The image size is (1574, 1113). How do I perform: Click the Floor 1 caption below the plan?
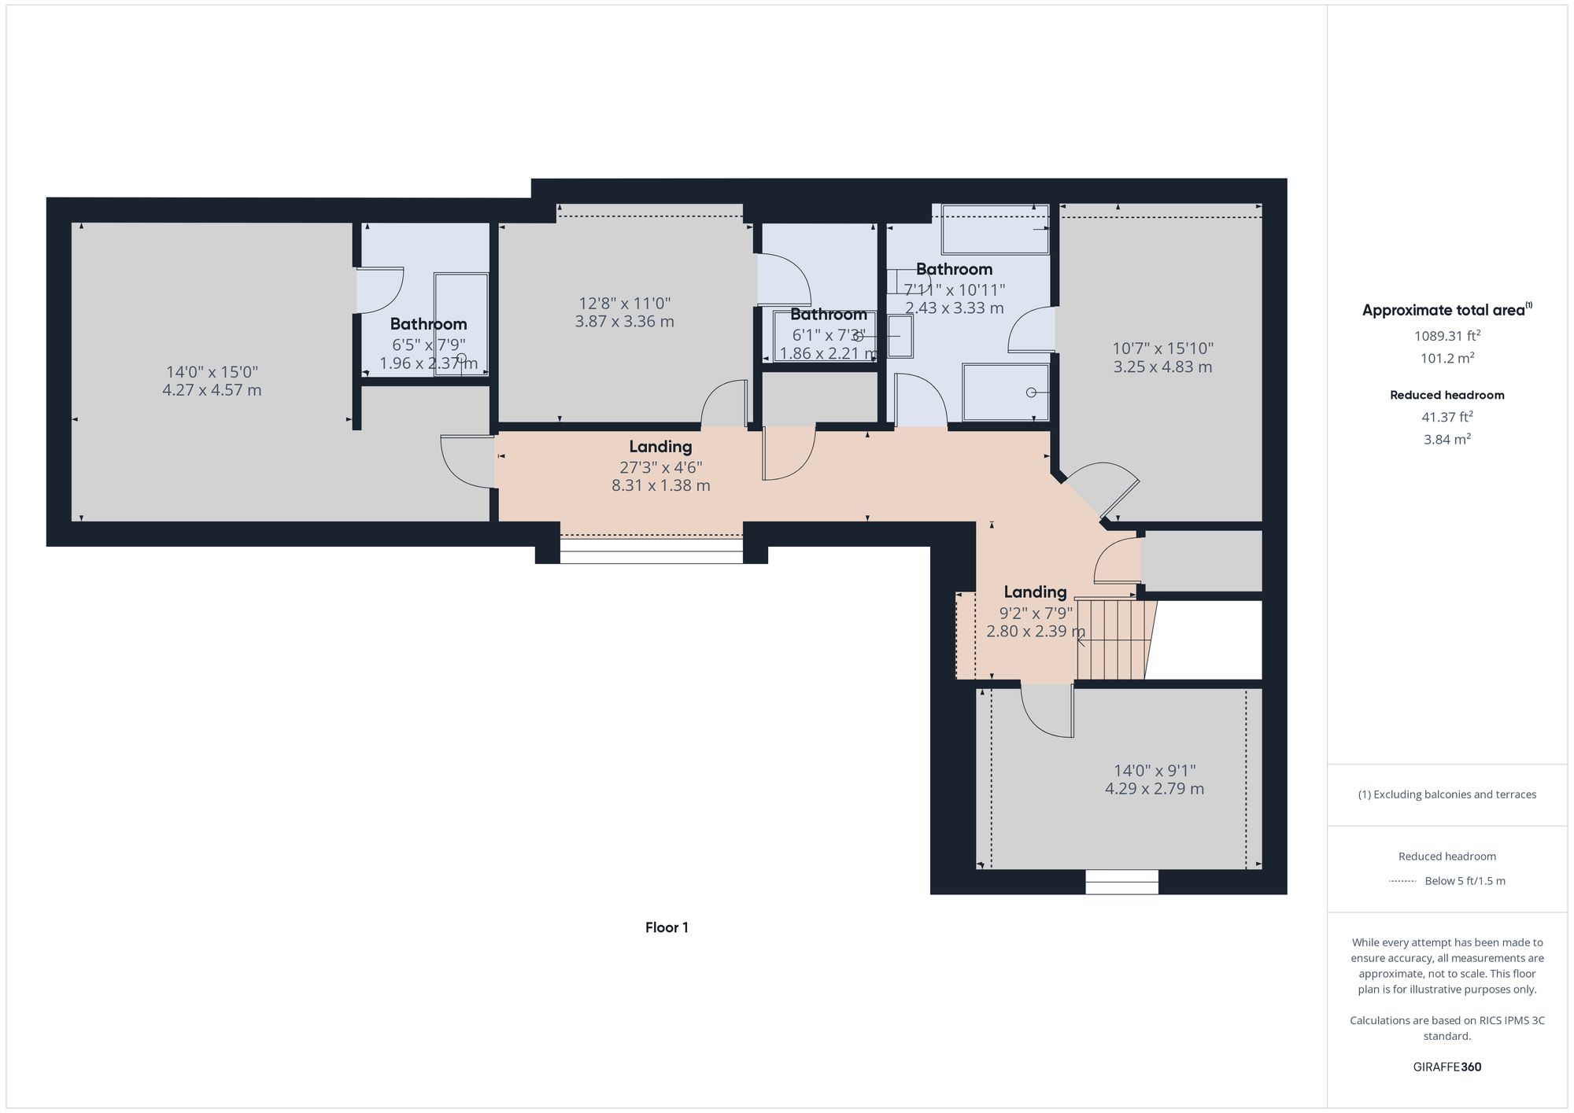coord(667,927)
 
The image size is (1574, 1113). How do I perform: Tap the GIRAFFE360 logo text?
coord(1447,1067)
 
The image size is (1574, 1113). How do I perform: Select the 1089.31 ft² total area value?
coord(1447,336)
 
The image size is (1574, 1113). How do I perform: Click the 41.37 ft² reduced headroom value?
coord(1447,418)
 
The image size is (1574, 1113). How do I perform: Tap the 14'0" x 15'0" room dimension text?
coord(212,372)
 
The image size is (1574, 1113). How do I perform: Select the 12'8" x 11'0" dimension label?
coord(624,304)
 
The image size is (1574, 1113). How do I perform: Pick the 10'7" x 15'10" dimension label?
coord(1162,348)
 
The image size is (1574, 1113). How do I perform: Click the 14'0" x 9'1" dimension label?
coord(1155,771)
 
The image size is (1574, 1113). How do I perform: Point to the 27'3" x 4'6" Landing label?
coord(660,466)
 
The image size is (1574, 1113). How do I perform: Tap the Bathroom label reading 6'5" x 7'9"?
coord(428,345)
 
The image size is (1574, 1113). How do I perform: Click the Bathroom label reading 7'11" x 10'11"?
coord(954,289)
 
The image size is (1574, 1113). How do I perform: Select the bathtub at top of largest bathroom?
coord(996,229)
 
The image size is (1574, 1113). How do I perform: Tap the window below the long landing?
coord(651,551)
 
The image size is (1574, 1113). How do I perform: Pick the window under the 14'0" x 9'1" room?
coord(1121,882)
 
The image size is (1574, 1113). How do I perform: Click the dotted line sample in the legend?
coord(1402,881)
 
